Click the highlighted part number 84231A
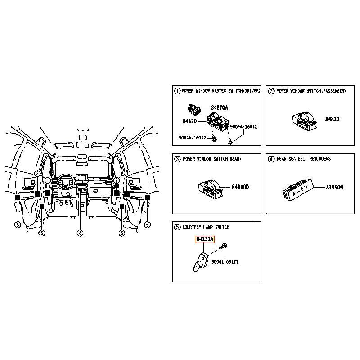tap(205, 239)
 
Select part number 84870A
tap(220, 108)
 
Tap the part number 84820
tap(189, 121)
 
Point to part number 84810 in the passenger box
tap(332, 119)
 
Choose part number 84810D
tap(240, 187)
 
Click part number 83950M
tap(334, 187)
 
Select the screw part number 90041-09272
tap(225, 262)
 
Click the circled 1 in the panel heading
tap(177, 91)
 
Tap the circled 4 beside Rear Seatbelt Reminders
tap(271, 159)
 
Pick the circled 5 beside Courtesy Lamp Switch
tap(177, 227)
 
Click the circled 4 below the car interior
tap(80, 233)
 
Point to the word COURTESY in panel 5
tap(192, 227)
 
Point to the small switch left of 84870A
tap(194, 109)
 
